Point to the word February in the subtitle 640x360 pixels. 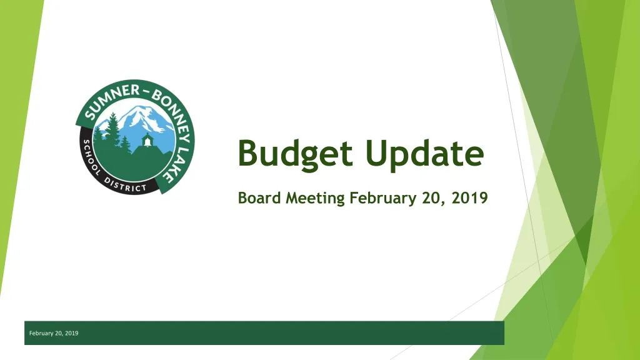382,199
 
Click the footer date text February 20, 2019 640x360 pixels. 54,333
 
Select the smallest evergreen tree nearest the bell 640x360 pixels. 126,146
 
